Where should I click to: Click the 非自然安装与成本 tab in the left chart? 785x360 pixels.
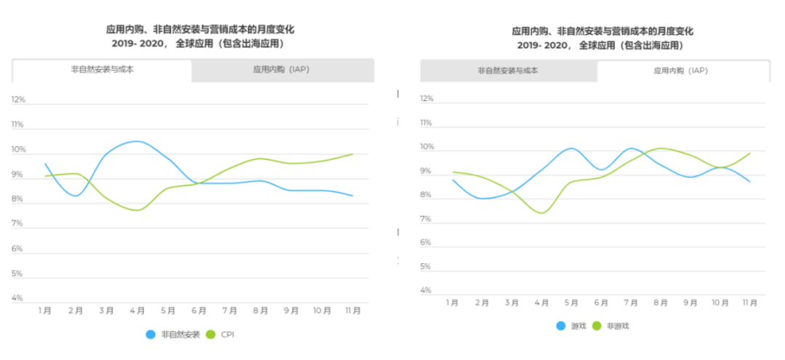click(102, 71)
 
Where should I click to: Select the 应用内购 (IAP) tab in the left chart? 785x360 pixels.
click(283, 71)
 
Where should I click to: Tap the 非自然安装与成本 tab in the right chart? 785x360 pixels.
click(508, 71)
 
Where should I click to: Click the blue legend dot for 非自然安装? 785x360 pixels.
click(150, 335)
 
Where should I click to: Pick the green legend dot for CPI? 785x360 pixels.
click(212, 335)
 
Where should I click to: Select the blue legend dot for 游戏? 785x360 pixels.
click(561, 326)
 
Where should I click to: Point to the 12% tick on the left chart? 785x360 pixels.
click(18, 100)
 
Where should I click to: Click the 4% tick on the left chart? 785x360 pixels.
click(18, 298)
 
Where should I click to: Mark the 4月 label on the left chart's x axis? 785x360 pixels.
click(137, 311)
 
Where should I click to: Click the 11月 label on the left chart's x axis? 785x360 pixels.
click(353, 311)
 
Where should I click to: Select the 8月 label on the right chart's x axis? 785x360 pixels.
click(660, 303)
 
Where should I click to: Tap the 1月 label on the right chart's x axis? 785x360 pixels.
click(452, 303)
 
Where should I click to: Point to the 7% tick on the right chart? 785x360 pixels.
click(427, 219)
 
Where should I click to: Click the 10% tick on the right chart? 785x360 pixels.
click(427, 147)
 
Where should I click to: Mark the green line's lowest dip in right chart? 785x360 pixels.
click(541, 213)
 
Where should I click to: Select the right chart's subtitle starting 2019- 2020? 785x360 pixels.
click(600, 45)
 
